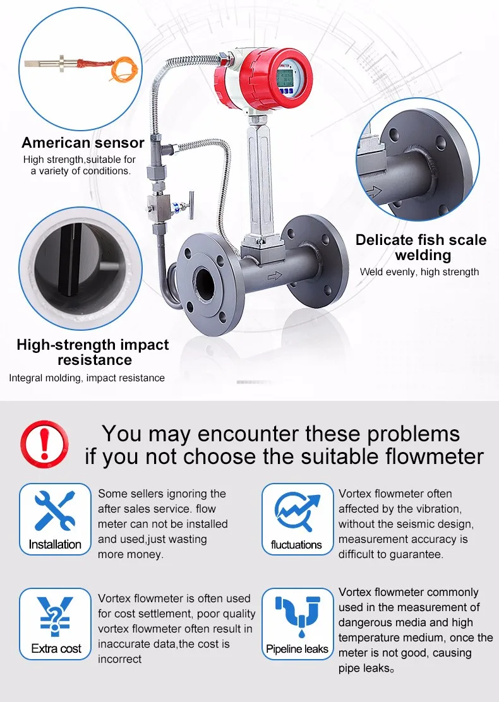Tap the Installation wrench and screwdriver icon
point(54,512)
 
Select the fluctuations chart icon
point(296,512)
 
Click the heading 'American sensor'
point(83,143)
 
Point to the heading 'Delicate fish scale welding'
point(421,247)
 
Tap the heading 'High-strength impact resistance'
point(92,352)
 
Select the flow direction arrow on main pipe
point(275,275)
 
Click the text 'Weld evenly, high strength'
point(419,272)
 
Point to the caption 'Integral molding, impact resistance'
point(87,378)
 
